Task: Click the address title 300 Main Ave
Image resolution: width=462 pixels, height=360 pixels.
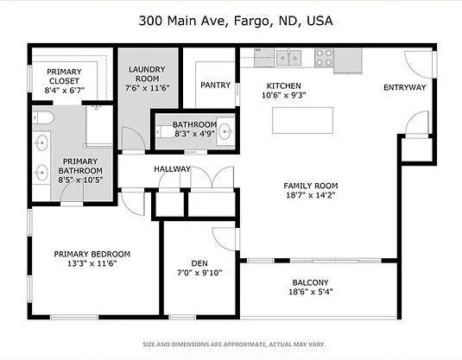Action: tap(231, 20)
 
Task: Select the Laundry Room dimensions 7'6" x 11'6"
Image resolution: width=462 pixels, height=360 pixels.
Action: tap(147, 87)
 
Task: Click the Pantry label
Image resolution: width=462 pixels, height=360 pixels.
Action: tap(214, 85)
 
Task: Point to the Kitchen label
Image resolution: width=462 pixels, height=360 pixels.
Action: tap(282, 85)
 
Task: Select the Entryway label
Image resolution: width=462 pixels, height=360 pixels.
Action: tap(405, 86)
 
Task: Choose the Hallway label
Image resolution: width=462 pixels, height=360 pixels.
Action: tap(172, 168)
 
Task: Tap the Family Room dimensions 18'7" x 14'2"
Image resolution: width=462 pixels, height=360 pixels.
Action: tap(311, 196)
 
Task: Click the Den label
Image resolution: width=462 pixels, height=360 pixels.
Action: tap(199, 264)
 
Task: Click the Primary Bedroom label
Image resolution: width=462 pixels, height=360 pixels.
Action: tap(92, 254)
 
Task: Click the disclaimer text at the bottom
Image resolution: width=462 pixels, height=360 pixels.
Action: tap(231, 344)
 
